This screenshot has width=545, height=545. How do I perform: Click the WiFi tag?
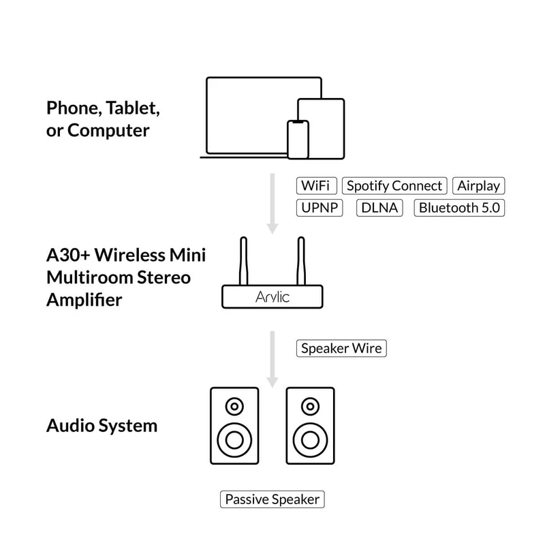tap(317, 186)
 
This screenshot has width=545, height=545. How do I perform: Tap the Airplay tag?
tap(479, 186)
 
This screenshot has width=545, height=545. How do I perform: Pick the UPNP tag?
tap(320, 208)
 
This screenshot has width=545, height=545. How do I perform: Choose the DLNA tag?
tap(380, 208)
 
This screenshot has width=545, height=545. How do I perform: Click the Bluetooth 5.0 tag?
tap(460, 208)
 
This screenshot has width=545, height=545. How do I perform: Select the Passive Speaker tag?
tap(272, 499)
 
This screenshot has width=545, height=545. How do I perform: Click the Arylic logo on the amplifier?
tap(272, 296)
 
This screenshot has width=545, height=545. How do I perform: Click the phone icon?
tap(297, 138)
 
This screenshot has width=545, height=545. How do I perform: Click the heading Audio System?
tap(102, 426)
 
